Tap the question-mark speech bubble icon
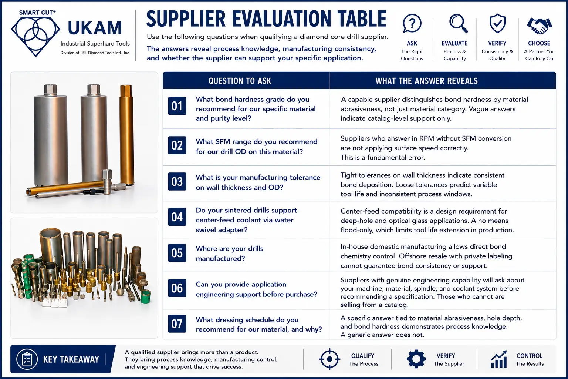pyautogui.click(x=412, y=23)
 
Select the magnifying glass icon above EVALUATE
pyautogui.click(x=458, y=23)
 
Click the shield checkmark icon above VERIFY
pyautogui.click(x=497, y=23)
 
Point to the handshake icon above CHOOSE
pyautogui.click(x=540, y=26)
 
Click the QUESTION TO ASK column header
pyautogui.click(x=240, y=81)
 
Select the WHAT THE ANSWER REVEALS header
pyautogui.click(x=426, y=81)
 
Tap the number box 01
pyautogui.click(x=177, y=106)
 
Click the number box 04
pyautogui.click(x=177, y=217)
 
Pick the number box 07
pyautogui.click(x=177, y=323)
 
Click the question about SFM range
pyautogui.click(x=256, y=147)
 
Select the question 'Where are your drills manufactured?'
pyautogui.click(x=230, y=253)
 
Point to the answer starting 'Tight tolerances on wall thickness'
pyautogui.click(x=422, y=185)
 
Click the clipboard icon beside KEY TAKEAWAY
pyautogui.click(x=27, y=359)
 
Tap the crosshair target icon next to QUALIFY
pyautogui.click(x=329, y=359)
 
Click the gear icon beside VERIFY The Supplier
pyautogui.click(x=416, y=359)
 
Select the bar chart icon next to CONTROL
pyautogui.click(x=499, y=359)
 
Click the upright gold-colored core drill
pyautogui.click(x=126, y=135)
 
